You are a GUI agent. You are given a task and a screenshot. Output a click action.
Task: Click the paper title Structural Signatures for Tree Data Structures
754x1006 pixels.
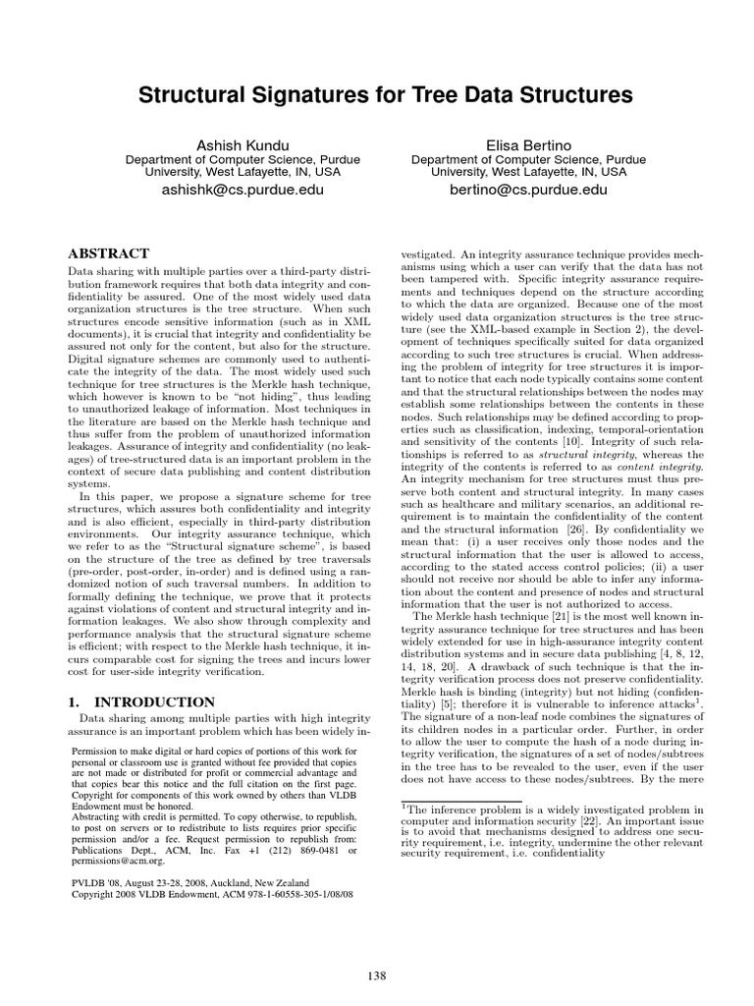point(377,95)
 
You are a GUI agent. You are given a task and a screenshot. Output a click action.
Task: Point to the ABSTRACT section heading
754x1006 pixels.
point(109,252)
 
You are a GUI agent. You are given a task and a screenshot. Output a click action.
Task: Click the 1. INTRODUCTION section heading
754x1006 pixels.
point(140,702)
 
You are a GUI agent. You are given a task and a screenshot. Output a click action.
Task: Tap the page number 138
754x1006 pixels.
point(377,975)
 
